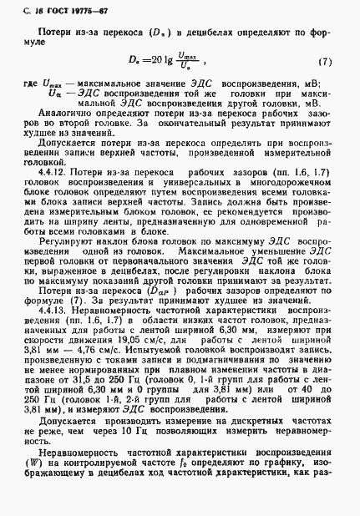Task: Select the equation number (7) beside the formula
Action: click(x=326, y=63)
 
